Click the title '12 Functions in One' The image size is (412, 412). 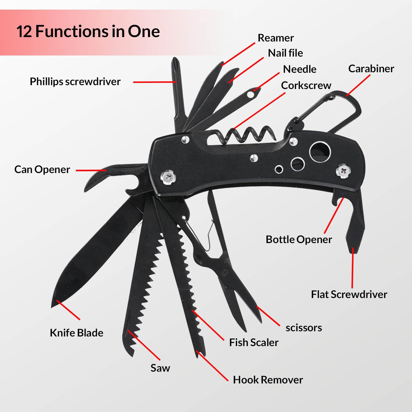coord(88,31)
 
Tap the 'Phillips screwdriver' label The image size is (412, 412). coord(75,82)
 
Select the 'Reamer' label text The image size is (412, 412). coord(275,38)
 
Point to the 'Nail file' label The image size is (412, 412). coord(285,53)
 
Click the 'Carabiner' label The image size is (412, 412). coord(371,69)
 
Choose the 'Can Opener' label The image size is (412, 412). coord(42,169)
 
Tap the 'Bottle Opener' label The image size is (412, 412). coord(299,240)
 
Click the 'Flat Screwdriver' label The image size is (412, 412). coord(349,294)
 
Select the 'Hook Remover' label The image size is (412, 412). coord(268,380)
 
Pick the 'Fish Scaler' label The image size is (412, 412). coord(254,343)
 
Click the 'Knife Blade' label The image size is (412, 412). coord(76,333)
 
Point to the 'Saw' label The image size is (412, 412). coord(160,368)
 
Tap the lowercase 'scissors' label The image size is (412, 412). coord(304,328)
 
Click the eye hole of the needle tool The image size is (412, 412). coord(250,94)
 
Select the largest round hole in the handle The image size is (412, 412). coord(320,152)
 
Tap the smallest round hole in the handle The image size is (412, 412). coord(279,169)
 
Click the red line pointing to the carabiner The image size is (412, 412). coord(358,85)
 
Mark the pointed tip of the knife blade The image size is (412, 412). coord(52,306)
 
